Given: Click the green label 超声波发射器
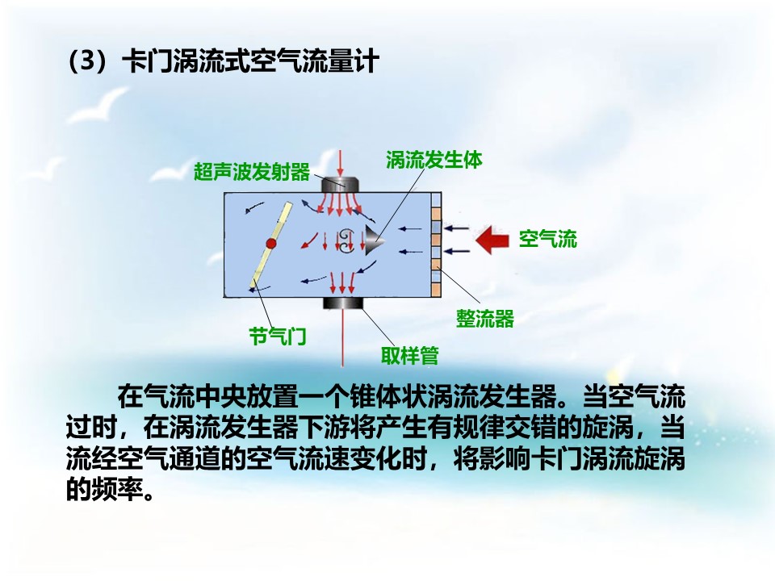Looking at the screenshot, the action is pyautogui.click(x=252, y=172).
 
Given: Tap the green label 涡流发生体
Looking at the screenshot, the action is pyautogui.click(x=434, y=160).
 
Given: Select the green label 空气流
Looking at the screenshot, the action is pyautogui.click(x=547, y=239).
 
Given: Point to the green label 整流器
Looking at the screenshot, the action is pyautogui.click(x=485, y=319).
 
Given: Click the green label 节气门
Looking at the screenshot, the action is pyautogui.click(x=278, y=336).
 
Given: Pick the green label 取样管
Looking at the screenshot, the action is pyautogui.click(x=410, y=355).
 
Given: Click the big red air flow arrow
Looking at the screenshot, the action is pyautogui.click(x=492, y=240).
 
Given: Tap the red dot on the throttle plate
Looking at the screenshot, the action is pyautogui.click(x=271, y=243).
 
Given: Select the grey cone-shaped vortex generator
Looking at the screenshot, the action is pyautogui.click(x=375, y=240).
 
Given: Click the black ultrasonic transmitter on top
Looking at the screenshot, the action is pyautogui.click(x=340, y=184).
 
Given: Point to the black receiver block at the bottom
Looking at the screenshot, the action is pyautogui.click(x=343, y=303).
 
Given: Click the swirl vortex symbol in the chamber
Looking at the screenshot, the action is pyautogui.click(x=345, y=240).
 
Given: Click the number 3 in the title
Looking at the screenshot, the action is pyautogui.click(x=86, y=61).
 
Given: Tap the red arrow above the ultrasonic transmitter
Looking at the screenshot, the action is pyautogui.click(x=340, y=164).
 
